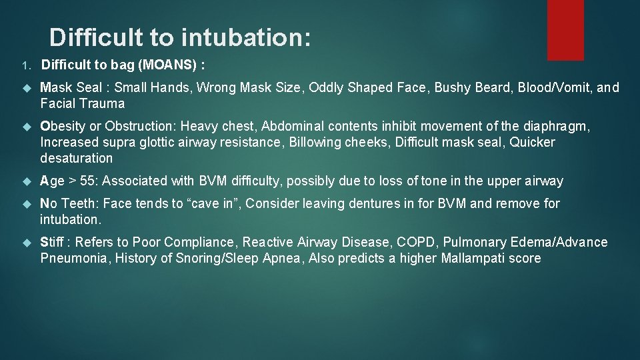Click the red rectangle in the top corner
click(x=565, y=29)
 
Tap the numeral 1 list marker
click(x=24, y=66)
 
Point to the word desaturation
click(x=77, y=158)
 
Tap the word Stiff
click(x=53, y=242)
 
